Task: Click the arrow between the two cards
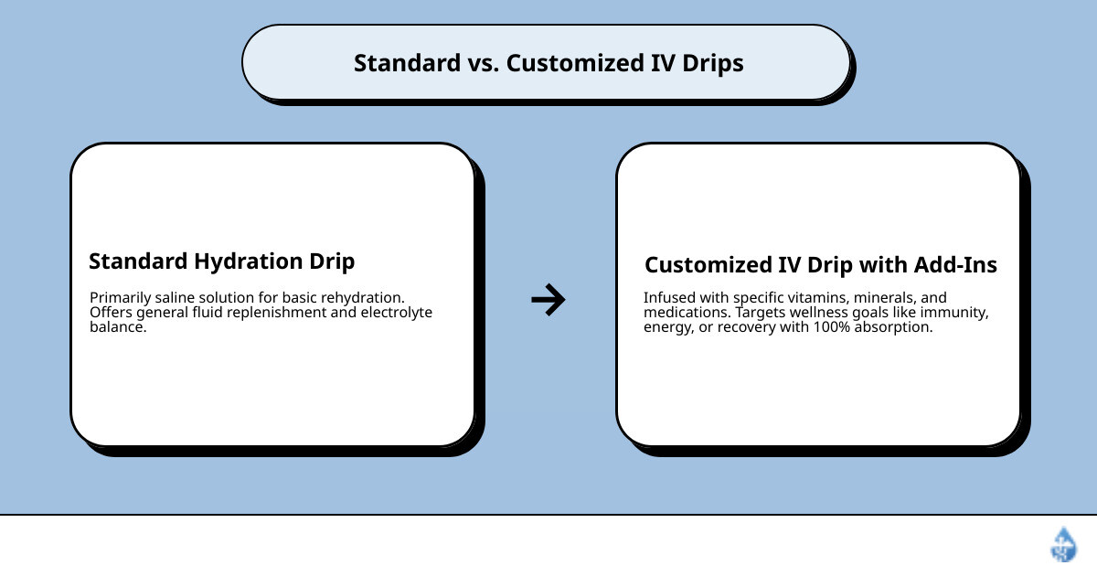tap(548, 300)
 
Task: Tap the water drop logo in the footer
tap(1064, 544)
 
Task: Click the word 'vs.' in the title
tap(484, 63)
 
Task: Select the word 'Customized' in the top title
tap(575, 63)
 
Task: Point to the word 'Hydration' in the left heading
tap(248, 261)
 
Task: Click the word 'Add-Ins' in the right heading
tap(955, 265)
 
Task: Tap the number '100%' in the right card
tap(832, 326)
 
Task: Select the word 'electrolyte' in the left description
tap(396, 312)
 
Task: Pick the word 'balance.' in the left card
tap(118, 326)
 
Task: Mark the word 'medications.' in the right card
tap(687, 312)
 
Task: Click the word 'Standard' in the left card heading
tap(138, 261)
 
